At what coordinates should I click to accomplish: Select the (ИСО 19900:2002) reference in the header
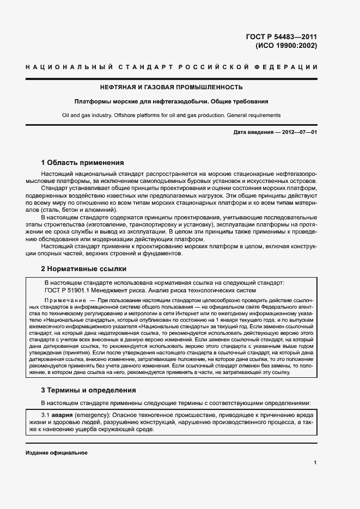pos(286,46)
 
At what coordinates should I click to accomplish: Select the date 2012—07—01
pos(298,133)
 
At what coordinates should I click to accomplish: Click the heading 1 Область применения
pos(83,163)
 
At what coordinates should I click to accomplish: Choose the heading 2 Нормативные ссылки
pos(84,269)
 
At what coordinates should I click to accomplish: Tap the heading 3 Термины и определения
pos(89,390)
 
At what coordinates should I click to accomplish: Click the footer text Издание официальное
pos(57,453)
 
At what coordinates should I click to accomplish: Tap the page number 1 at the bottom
pos(315,463)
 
